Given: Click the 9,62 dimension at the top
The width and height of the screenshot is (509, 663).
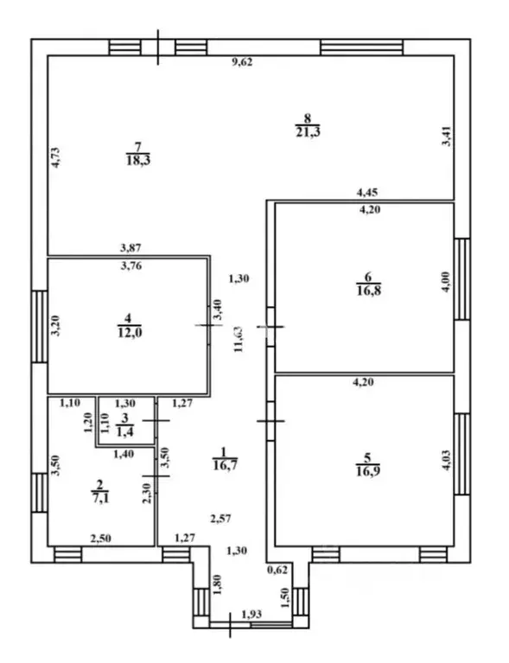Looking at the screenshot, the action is pyautogui.click(x=243, y=62).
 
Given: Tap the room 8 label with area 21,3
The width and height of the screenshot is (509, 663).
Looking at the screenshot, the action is pyautogui.click(x=308, y=125).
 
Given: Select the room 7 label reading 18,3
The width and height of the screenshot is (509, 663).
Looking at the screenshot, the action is pyautogui.click(x=138, y=154).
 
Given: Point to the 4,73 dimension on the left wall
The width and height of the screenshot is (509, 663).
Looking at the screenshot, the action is pyautogui.click(x=56, y=157).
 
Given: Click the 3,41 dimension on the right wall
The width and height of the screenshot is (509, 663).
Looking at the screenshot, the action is pyautogui.click(x=447, y=137).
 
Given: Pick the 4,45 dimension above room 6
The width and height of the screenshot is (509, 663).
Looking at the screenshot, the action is pyautogui.click(x=367, y=193).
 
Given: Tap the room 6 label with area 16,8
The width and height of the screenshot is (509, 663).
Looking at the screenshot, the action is pyautogui.click(x=369, y=284).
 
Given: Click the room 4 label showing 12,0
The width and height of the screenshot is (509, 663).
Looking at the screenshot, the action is pyautogui.click(x=130, y=326).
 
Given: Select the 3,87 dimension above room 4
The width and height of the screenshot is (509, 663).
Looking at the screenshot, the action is pyautogui.click(x=130, y=248).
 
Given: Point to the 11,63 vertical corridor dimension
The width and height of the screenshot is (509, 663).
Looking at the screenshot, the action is pyautogui.click(x=239, y=339).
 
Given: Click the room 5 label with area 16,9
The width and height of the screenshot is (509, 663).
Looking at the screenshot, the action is pyautogui.click(x=368, y=465).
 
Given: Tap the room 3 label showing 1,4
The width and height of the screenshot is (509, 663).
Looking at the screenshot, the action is pyautogui.click(x=124, y=425).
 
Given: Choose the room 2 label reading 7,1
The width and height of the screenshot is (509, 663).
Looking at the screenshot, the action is pyautogui.click(x=99, y=491).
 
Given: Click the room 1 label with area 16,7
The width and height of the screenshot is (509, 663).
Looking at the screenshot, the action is pyautogui.click(x=225, y=459).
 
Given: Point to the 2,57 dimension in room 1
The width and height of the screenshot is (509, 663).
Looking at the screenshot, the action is pyautogui.click(x=220, y=518).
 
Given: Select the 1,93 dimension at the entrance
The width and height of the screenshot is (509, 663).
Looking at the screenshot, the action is pyautogui.click(x=252, y=614).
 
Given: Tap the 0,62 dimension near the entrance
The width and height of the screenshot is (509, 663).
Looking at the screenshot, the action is pyautogui.click(x=277, y=570).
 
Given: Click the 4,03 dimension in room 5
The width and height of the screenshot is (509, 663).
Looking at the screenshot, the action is pyautogui.click(x=448, y=461).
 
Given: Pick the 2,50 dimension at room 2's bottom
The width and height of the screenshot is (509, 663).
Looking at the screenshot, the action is pyautogui.click(x=100, y=539).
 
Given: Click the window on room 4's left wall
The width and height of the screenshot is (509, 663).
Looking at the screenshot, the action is pyautogui.click(x=39, y=326).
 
